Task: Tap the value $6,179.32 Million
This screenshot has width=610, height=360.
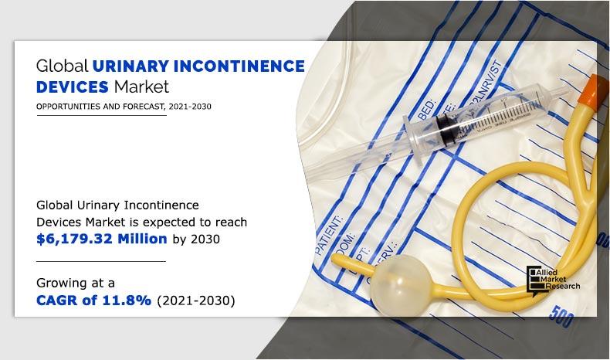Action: click(x=102, y=239)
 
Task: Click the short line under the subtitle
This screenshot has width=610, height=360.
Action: click(x=101, y=116)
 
